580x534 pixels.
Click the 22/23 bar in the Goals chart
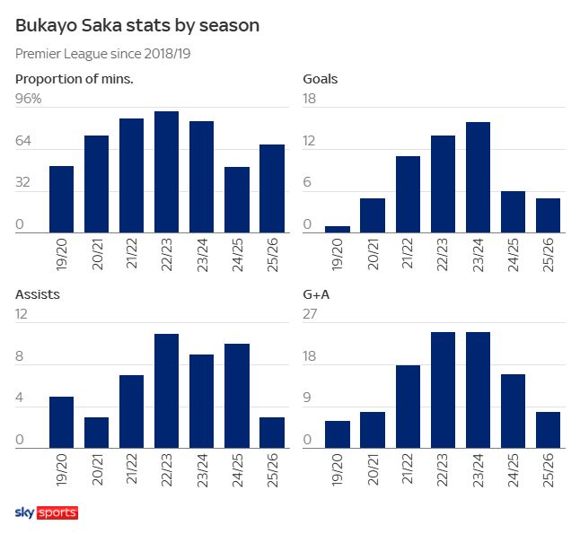pos(443,184)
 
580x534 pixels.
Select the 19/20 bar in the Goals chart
pos(337,229)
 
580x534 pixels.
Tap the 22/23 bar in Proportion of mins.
pos(166,172)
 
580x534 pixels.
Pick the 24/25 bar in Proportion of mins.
pos(237,200)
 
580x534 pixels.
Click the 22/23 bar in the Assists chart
pos(166,390)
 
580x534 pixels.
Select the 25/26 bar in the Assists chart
pos(272,433)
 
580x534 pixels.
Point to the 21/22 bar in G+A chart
pos(408,407)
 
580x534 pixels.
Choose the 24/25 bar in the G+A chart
pos(514,411)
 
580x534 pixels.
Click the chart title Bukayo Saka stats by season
pos(137,26)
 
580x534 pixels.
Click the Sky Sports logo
pos(47,512)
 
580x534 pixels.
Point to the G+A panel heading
pos(320,293)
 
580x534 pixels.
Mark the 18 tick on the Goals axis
pos(309,99)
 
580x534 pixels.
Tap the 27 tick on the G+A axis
pos(309,314)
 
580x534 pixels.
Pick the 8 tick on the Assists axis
pos(21,357)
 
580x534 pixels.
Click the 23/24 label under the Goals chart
pos(479,255)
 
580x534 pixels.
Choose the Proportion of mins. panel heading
pos(75,78)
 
